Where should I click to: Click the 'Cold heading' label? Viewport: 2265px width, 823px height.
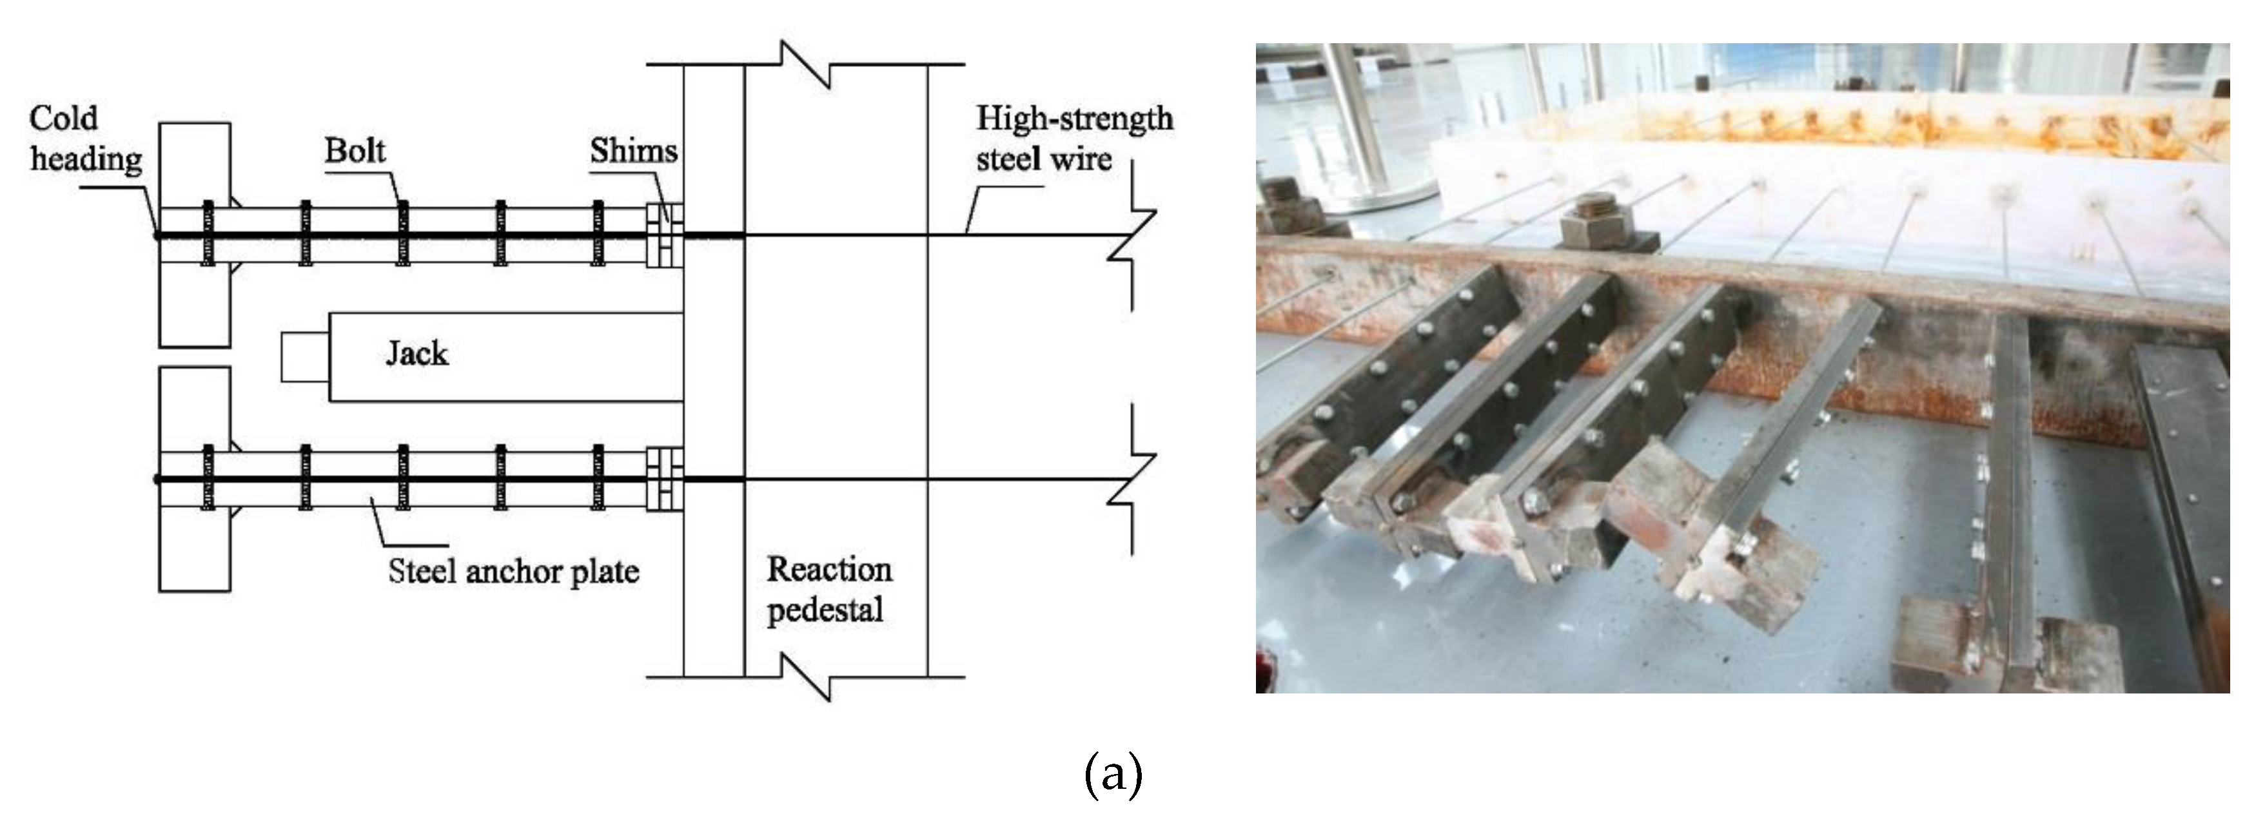pos(84,139)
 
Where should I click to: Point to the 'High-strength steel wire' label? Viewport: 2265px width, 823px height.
pos(1074,139)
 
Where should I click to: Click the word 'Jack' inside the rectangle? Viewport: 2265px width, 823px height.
pos(417,353)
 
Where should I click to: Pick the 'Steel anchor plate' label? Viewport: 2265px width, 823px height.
pos(513,572)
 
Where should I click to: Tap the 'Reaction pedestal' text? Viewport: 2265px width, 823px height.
pos(829,589)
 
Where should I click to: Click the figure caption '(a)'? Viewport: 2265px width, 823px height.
pos(1113,775)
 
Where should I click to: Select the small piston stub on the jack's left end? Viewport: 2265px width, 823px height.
pos(305,357)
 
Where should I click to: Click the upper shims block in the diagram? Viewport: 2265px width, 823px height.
pos(664,235)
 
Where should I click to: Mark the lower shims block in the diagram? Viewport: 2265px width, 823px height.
pos(664,479)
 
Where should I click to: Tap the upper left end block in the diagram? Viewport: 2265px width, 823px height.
pos(194,234)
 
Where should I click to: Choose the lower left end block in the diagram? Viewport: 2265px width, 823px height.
pos(194,479)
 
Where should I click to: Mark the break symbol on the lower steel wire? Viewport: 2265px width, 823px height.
pos(1131,480)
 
